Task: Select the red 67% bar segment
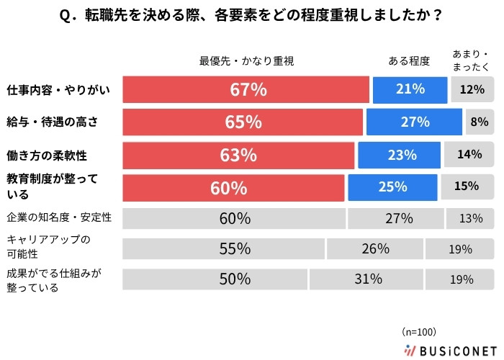(246, 90)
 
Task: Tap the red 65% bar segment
(243, 122)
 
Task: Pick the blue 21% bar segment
(410, 90)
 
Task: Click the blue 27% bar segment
(414, 122)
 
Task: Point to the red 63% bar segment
(239, 155)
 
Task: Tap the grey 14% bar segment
(469, 155)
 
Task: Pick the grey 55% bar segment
(224, 249)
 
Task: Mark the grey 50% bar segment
(215, 280)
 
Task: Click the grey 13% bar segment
(470, 218)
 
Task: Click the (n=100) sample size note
(420, 332)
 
